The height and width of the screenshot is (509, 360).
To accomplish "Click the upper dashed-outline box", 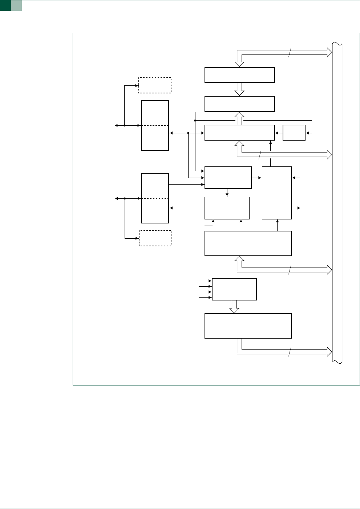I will click(155, 85).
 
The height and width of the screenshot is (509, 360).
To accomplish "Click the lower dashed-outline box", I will click(155, 238).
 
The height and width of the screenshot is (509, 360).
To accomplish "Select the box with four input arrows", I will click(234, 289).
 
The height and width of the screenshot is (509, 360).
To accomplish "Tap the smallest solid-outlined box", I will click(294, 133).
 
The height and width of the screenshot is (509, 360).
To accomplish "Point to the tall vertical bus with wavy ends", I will click(337, 203).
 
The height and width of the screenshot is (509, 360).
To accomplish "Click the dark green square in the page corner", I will click(5, 5).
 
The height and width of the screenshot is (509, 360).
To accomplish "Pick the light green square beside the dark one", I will click(16, 5).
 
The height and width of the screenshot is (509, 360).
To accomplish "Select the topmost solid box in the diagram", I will click(239, 75).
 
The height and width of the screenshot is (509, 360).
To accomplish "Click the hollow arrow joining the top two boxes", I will click(239, 89).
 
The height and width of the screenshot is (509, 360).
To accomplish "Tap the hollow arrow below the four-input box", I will click(234, 306).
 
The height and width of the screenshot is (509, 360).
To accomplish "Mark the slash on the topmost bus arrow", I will click(290, 53).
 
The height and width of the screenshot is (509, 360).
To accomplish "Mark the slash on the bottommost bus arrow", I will click(290, 352).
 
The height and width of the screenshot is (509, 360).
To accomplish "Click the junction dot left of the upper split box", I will click(125, 125).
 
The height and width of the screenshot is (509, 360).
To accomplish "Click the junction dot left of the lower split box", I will click(125, 198).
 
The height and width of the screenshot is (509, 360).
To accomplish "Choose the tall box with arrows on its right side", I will click(277, 193).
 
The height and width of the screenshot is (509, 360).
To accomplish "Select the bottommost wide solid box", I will click(248, 326).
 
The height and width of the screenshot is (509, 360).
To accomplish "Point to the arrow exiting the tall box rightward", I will click(296, 208).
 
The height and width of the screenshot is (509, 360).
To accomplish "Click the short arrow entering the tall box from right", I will click(296, 178).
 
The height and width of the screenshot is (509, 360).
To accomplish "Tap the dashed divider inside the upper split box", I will click(155, 125).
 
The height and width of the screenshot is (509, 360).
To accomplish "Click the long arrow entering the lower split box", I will click(187, 208).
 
